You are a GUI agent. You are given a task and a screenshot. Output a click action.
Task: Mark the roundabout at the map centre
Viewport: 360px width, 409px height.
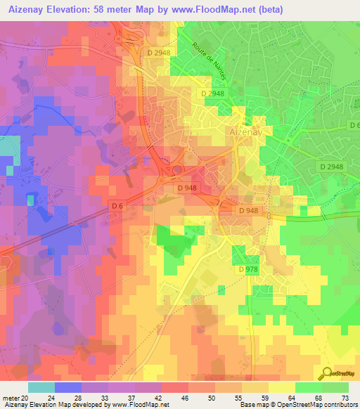pyautogui.click(x=176, y=169)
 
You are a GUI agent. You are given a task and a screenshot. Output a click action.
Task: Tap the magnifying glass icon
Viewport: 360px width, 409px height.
pyautogui.click(x=328, y=374)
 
